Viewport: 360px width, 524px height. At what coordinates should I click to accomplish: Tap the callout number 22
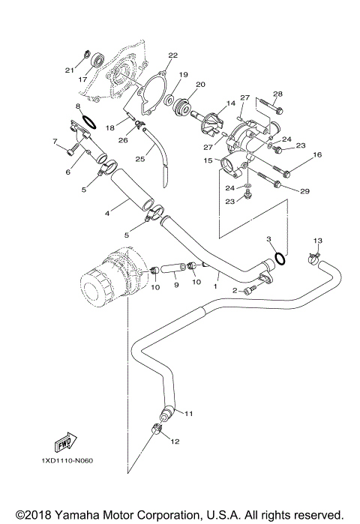pyautogui.click(x=172, y=55)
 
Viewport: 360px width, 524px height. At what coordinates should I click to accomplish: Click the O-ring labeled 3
pyautogui.click(x=280, y=258)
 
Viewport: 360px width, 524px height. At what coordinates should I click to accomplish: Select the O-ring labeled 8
pyautogui.click(x=87, y=119)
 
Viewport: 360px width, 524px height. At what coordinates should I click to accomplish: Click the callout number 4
pyautogui.click(x=107, y=214)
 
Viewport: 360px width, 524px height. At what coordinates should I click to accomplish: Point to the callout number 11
pyautogui.click(x=189, y=413)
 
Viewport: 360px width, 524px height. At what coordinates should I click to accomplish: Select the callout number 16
pyautogui.click(x=317, y=154)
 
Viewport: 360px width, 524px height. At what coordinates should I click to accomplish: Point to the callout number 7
pyautogui.click(x=55, y=140)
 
